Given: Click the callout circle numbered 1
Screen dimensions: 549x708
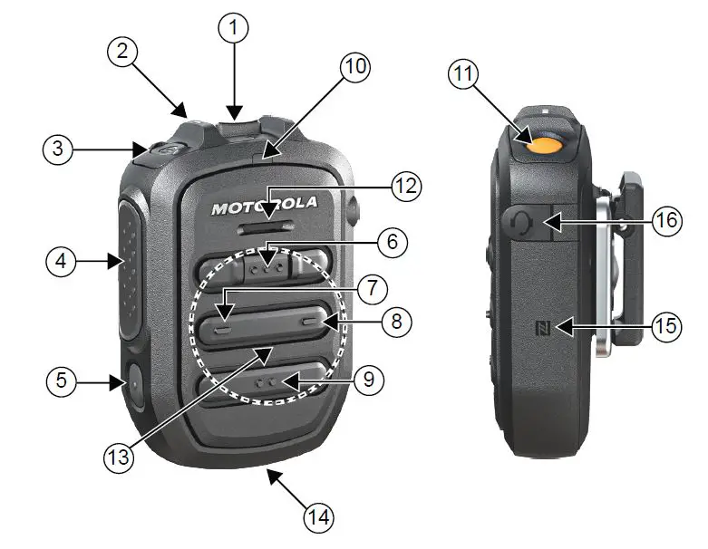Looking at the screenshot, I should (x=233, y=28).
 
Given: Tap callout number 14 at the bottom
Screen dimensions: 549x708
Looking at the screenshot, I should (x=318, y=516).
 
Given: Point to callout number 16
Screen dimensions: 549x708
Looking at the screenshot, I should (x=668, y=221).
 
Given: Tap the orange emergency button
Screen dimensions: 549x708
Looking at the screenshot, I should (x=544, y=144).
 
